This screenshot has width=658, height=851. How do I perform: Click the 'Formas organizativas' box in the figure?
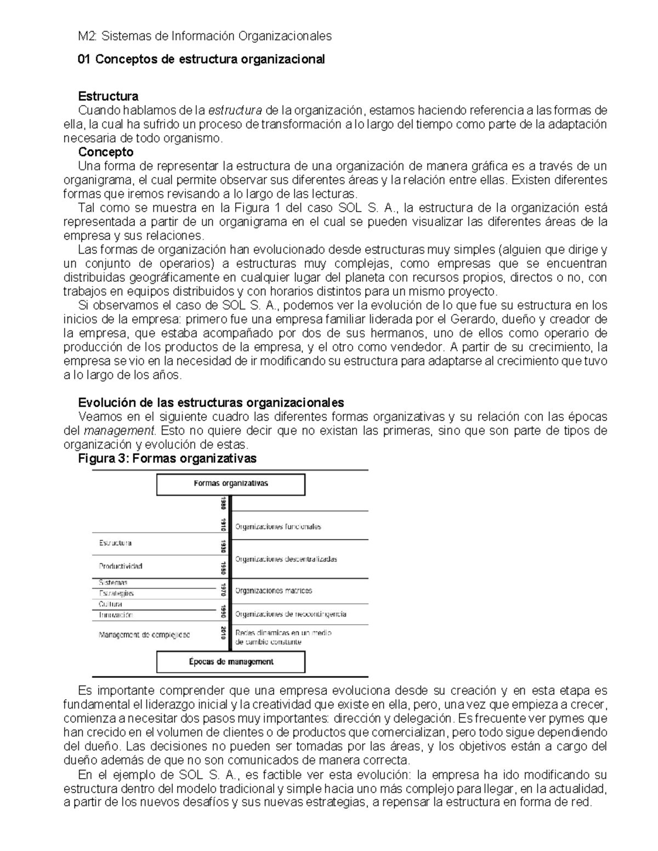(x=231, y=484)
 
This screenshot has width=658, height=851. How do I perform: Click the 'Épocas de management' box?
(x=231, y=662)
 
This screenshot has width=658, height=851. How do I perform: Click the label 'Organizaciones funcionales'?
(x=278, y=527)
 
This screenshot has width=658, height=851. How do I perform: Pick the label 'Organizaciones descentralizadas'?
(x=286, y=559)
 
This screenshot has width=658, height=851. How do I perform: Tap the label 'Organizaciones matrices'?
(x=274, y=591)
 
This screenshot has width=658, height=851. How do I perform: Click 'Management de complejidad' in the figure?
(x=144, y=635)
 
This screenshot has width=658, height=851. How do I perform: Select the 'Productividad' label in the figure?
(x=121, y=566)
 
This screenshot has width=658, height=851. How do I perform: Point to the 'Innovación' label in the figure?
(x=116, y=615)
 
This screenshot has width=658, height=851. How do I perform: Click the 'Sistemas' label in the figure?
(x=113, y=583)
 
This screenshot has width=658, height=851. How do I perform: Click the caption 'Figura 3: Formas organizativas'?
(x=167, y=459)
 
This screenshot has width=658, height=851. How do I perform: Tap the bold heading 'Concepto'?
(x=106, y=152)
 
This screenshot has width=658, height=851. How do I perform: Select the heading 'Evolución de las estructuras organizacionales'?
(x=211, y=402)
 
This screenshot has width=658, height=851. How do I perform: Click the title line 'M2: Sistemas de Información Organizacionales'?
(x=205, y=36)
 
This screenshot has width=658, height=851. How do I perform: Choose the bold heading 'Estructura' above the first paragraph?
(x=108, y=96)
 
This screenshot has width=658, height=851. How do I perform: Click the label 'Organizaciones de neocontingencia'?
(x=291, y=614)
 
